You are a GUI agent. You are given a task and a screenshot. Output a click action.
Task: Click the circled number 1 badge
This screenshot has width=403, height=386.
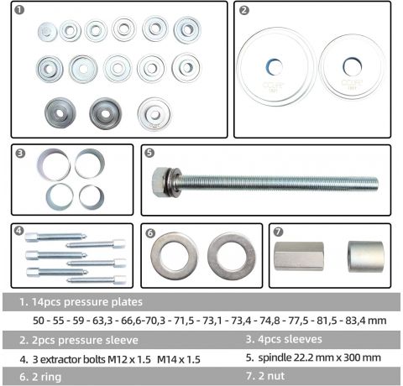pyautogui.click(x=19, y=10)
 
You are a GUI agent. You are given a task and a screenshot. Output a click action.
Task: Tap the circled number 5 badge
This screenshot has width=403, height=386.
pyautogui.click(x=149, y=153)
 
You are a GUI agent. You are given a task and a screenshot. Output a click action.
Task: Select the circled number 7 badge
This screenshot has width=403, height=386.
pyautogui.click(x=278, y=232)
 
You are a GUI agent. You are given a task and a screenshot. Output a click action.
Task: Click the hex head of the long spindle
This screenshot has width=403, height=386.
pyautogui.click(x=159, y=181)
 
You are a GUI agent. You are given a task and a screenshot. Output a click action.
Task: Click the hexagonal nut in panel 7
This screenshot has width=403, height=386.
pyautogui.click(x=299, y=256)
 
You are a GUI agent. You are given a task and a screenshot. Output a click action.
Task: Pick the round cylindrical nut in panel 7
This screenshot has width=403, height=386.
pyautogui.click(x=365, y=257)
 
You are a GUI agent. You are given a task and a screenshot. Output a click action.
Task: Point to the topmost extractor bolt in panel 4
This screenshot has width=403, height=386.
pyautogui.click(x=55, y=237)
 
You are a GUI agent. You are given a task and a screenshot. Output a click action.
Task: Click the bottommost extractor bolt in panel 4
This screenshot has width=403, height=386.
pyautogui.click(x=97, y=279)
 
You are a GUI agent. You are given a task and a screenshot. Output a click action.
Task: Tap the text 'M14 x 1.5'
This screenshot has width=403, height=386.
pyautogui.click(x=179, y=359)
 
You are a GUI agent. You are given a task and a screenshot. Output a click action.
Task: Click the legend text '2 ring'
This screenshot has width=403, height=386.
pyautogui.click(x=46, y=377)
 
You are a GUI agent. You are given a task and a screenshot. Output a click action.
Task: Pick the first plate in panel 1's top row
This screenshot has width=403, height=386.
pyautogui.click(x=47, y=32)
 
